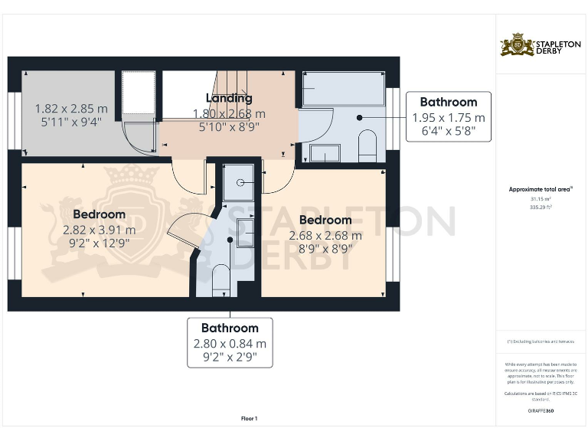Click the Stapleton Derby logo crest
click(512, 45)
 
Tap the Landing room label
click(229, 98)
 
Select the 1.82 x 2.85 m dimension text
click(71, 109)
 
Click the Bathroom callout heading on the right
click(449, 102)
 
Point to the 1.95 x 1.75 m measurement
click(449, 117)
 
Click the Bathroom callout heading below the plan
click(230, 328)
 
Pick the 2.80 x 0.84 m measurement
click(230, 344)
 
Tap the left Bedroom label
click(99, 214)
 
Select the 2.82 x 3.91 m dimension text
click(99, 229)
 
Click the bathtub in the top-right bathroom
click(344, 90)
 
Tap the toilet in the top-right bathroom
click(367, 145)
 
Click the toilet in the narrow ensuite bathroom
click(220, 279)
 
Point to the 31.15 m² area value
click(541, 198)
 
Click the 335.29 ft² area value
click(541, 206)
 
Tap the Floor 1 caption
click(249, 418)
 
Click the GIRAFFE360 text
click(541, 411)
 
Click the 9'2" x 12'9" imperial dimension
click(99, 243)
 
